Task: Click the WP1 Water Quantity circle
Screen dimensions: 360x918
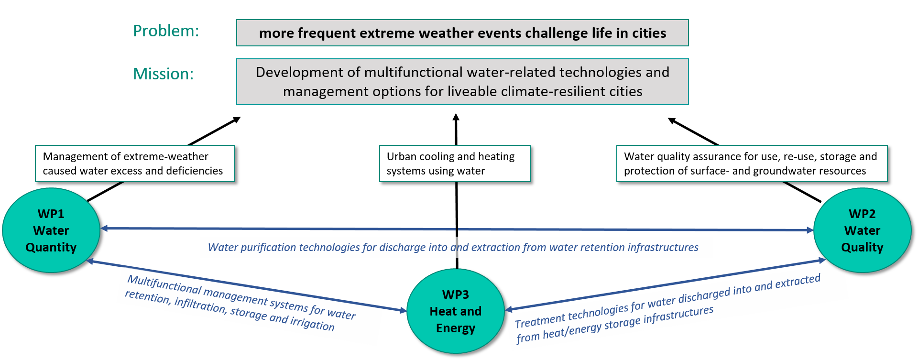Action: pyautogui.click(x=51, y=230)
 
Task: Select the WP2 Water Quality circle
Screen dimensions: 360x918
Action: pyautogui.click(x=862, y=230)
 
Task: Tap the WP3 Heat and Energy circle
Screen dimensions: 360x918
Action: pyautogui.click(x=455, y=311)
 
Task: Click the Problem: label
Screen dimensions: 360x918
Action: pyautogui.click(x=165, y=31)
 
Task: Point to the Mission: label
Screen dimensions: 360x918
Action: pyautogui.click(x=163, y=74)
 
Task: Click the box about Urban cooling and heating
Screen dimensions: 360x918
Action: pyautogui.click(x=455, y=164)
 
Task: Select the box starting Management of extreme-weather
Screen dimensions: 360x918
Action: pyautogui.click(x=135, y=164)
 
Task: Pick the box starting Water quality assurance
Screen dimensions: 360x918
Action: pyautogui.click(x=752, y=164)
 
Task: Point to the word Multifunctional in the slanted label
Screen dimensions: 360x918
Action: pyautogui.click(x=164, y=284)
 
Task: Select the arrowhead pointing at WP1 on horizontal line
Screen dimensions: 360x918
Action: pyautogui.click(x=105, y=229)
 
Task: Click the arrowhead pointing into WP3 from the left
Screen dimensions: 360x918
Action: pyautogui.click(x=402, y=311)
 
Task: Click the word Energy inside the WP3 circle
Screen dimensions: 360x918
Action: pyautogui.click(x=455, y=328)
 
